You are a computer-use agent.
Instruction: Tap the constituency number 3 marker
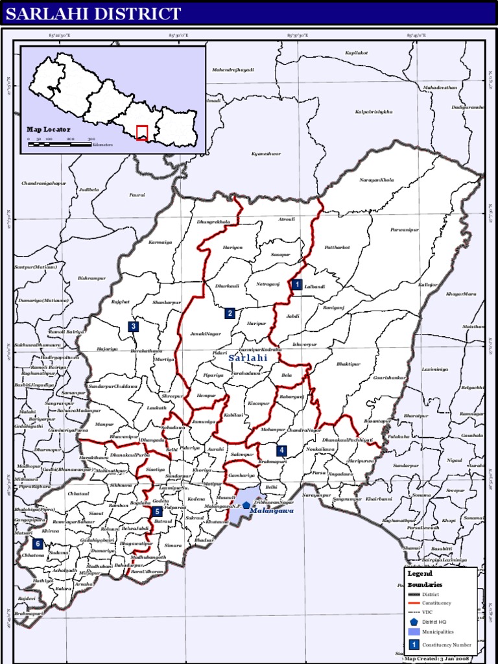coord(133,326)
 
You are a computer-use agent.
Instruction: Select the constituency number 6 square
coord(38,543)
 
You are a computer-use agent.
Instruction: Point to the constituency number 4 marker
coord(281,450)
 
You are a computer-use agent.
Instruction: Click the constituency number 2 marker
coord(230,313)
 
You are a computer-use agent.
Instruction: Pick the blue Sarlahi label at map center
coord(248,358)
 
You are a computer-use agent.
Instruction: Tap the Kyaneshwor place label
coord(266,154)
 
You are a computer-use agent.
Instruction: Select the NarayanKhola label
coord(377,180)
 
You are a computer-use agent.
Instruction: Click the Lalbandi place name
coord(314,286)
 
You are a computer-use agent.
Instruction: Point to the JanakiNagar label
coord(205,334)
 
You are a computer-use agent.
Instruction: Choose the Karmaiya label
coord(160,243)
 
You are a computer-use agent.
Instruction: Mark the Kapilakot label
coord(356,53)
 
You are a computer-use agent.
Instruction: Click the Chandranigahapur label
coord(44,184)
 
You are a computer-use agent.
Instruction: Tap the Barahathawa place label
coord(146,351)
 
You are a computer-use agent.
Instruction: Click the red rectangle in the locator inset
coord(142,132)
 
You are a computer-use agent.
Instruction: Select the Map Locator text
coord(48,130)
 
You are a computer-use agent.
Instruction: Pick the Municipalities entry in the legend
coord(438,631)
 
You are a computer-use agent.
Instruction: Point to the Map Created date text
coord(440,658)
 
